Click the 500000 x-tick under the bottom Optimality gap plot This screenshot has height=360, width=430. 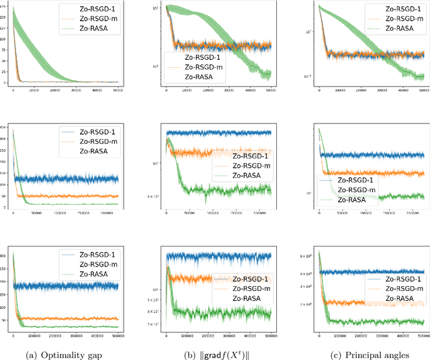[118, 336]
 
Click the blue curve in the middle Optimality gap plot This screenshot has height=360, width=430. [67, 179]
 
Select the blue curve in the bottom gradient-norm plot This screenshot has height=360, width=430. [222, 256]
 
